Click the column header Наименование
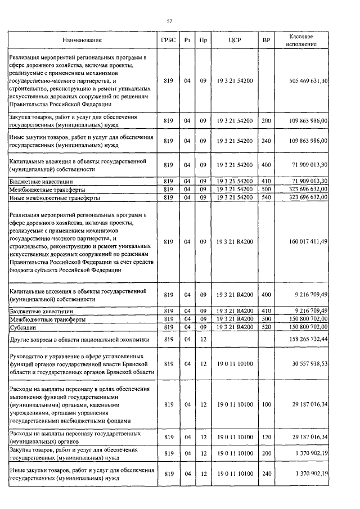click(82, 40)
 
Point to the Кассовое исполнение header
click(301, 40)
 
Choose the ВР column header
click(266, 40)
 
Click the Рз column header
click(187, 40)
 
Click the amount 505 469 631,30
click(308, 81)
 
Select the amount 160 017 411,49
click(308, 241)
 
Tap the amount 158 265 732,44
click(308, 340)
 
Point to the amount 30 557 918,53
click(308, 364)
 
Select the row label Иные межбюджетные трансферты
click(55, 198)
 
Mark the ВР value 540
click(266, 198)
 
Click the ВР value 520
click(266, 327)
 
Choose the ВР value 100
click(266, 404)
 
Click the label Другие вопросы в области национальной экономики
click(78, 340)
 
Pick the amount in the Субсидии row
click(308, 327)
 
